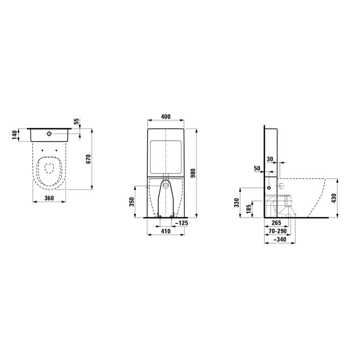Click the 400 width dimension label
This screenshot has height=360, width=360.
point(166,117)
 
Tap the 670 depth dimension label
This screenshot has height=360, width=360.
point(89,159)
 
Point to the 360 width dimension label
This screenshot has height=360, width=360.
point(49,198)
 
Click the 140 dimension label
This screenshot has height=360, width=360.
point(15,135)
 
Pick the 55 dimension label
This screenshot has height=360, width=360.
point(76,121)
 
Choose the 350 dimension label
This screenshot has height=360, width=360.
point(131,202)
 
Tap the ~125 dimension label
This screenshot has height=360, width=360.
point(181,223)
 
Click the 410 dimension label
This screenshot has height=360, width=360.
point(166,231)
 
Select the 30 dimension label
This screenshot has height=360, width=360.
point(270,159)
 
